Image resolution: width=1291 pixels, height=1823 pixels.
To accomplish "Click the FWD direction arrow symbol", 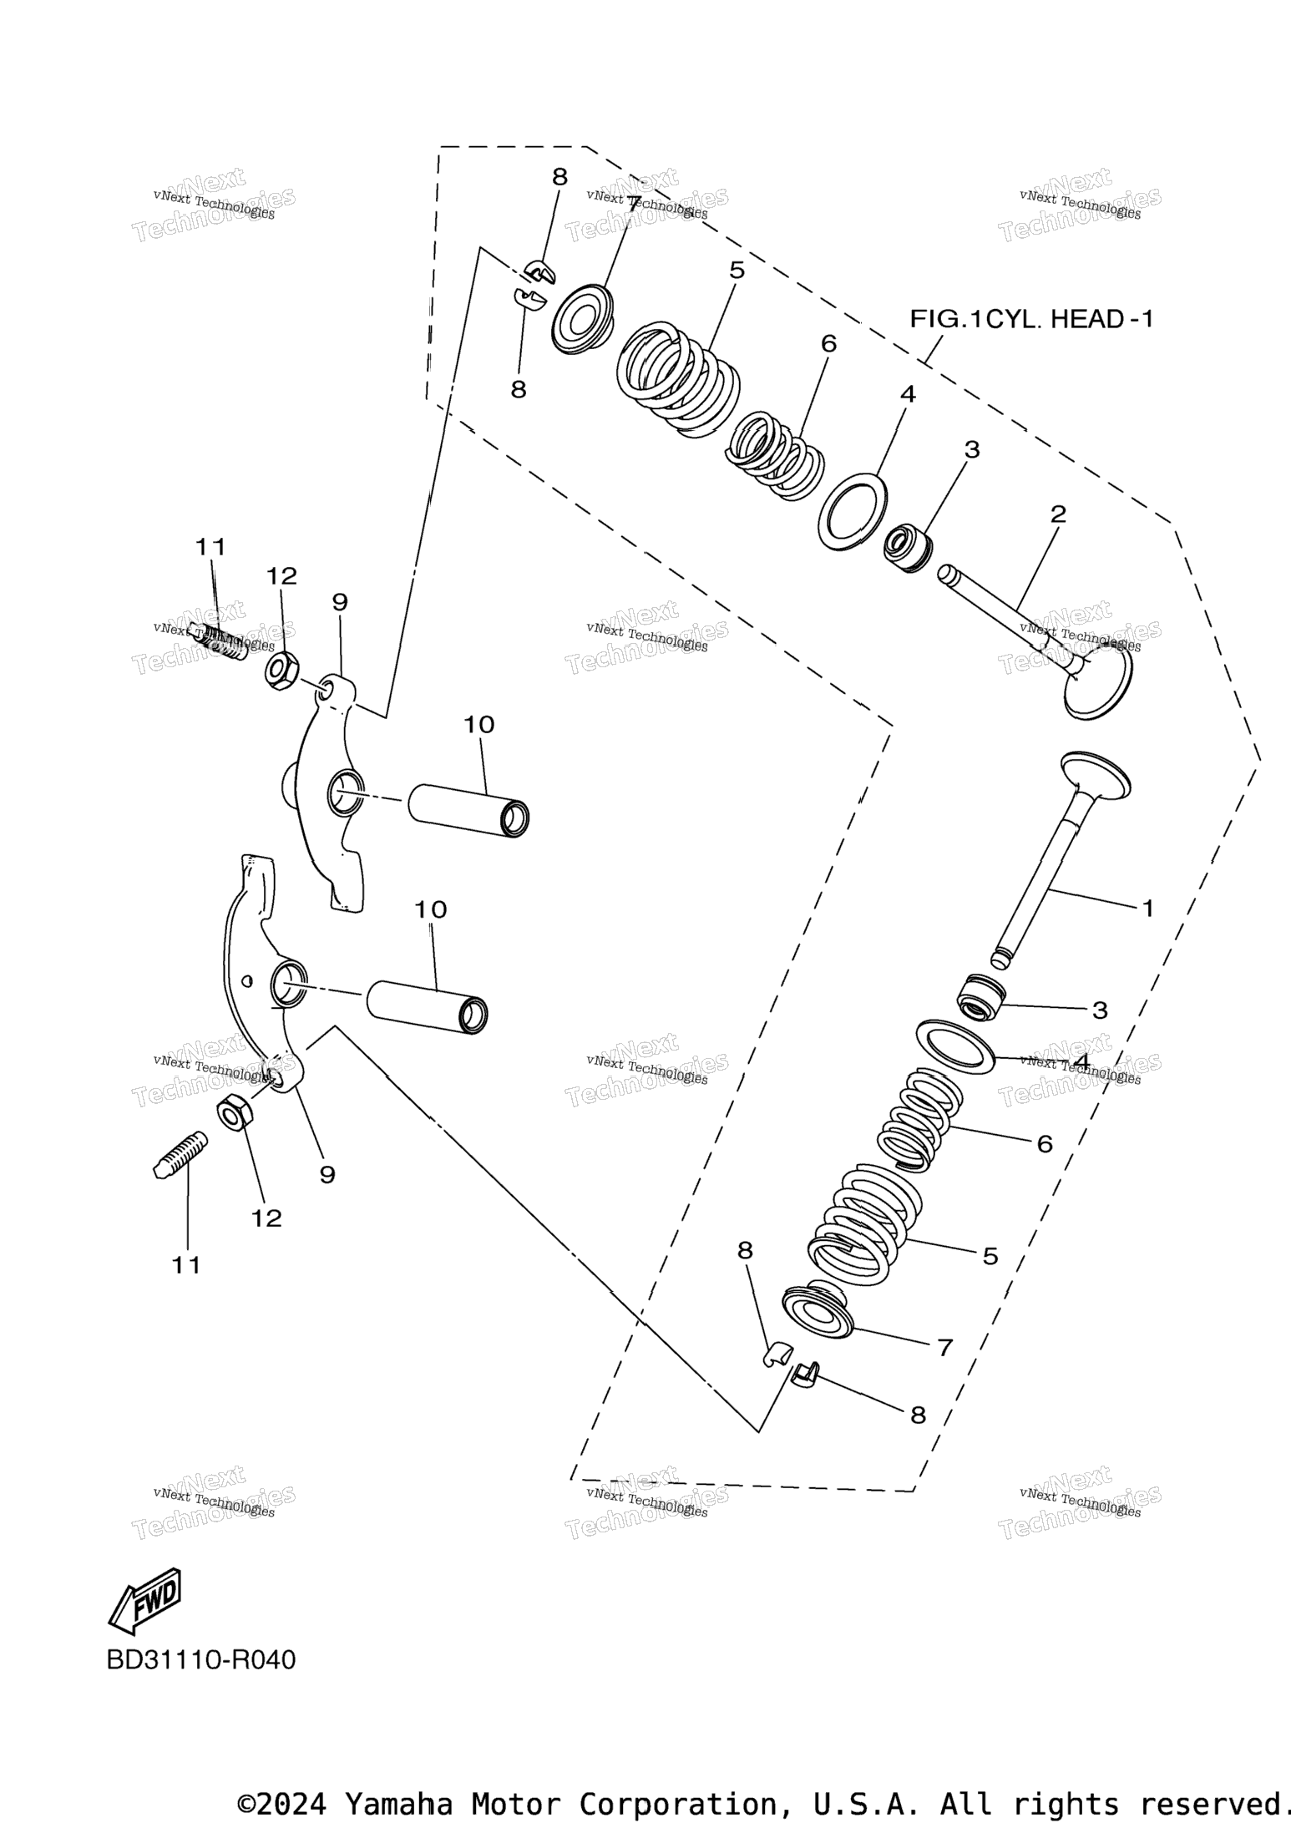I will click(x=146, y=1599).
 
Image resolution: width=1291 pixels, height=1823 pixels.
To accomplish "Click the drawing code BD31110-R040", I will click(x=201, y=1659).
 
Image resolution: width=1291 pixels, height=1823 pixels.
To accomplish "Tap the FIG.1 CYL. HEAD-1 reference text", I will click(x=1031, y=319).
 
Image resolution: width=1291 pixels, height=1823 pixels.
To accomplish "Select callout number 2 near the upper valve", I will click(x=1058, y=514).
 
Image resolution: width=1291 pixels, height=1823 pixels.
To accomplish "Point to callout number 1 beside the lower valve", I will click(x=1147, y=908).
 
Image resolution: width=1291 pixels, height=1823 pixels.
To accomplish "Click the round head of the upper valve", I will click(x=1100, y=684).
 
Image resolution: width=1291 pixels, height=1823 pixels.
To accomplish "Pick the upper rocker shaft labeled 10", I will click(x=469, y=809).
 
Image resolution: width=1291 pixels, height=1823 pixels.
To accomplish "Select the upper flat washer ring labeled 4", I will click(x=852, y=511).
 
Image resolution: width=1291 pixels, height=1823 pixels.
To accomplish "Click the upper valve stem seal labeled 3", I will click(x=908, y=548).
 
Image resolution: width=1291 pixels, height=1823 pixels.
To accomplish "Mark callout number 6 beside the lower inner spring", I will click(x=1045, y=1144).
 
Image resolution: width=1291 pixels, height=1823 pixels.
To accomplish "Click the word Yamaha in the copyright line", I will click(x=399, y=1803).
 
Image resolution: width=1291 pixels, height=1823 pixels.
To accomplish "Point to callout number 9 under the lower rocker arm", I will click(x=327, y=1175).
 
